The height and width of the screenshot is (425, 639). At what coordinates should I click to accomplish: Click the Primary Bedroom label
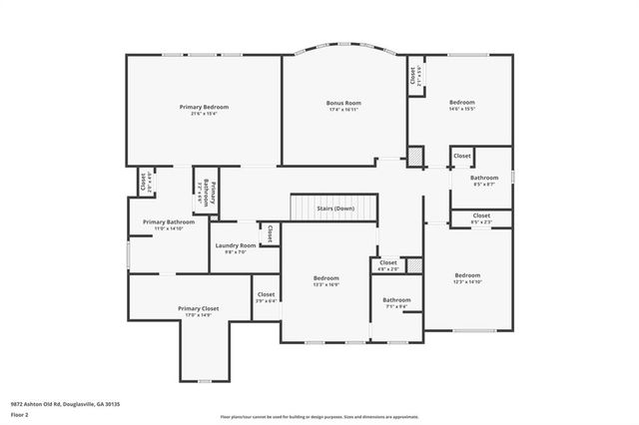tap(204, 107)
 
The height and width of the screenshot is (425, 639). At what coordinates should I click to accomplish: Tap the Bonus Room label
tap(343, 103)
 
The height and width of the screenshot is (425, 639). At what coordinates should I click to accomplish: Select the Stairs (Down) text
tap(334, 209)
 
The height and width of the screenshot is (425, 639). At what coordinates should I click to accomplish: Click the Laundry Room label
tap(235, 245)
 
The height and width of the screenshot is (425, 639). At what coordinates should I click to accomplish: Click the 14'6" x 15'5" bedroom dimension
tap(461, 110)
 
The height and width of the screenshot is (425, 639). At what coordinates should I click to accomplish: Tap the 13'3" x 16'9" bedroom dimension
tap(326, 284)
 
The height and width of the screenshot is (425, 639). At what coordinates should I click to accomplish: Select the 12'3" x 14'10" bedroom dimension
tap(467, 282)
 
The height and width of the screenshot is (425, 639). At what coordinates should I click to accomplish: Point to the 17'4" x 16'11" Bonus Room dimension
tap(343, 110)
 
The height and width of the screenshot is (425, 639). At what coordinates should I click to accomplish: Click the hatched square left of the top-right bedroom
tap(415, 157)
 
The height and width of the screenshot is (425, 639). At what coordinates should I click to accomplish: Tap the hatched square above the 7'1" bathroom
tap(414, 265)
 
